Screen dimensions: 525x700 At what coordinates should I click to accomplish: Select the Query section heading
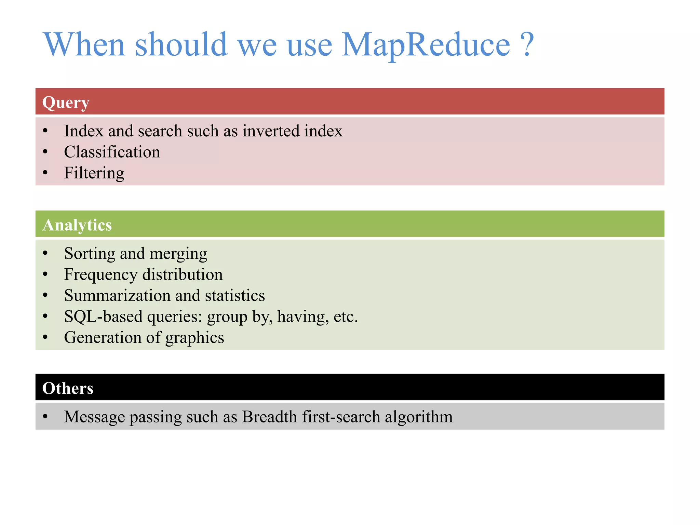click(x=66, y=102)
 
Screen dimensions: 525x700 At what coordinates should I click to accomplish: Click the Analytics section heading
click(x=77, y=225)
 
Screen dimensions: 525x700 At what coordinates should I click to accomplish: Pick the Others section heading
click(x=68, y=388)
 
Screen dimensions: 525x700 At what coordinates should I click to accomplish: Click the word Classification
click(x=112, y=152)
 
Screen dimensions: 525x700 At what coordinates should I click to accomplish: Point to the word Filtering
click(x=94, y=173)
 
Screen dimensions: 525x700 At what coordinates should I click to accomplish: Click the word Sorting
click(x=90, y=254)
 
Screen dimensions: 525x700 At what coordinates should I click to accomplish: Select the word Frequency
click(x=100, y=275)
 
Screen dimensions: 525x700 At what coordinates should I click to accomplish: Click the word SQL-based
click(x=103, y=317)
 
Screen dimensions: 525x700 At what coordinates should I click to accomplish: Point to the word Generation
click(x=103, y=337)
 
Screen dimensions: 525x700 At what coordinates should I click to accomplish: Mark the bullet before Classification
click(x=45, y=152)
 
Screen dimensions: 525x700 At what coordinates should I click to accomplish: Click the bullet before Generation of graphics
click(x=45, y=337)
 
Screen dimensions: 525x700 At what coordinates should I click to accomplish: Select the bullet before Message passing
click(x=45, y=417)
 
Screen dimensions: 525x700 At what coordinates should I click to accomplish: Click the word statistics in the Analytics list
click(x=235, y=295)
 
